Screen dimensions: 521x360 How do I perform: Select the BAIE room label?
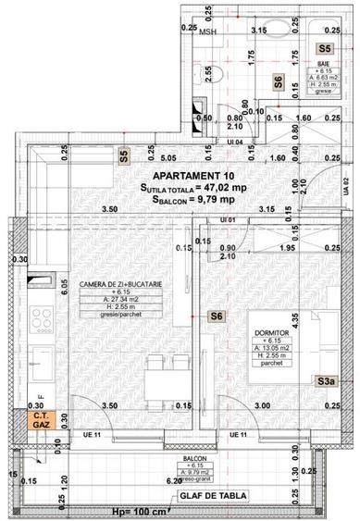323,63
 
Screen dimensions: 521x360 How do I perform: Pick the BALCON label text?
194,458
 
